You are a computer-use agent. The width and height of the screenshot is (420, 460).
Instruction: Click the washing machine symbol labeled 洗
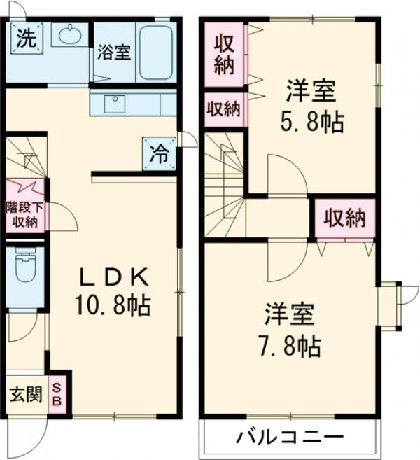(x=27, y=39)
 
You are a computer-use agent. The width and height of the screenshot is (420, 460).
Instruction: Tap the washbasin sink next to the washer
(x=70, y=35)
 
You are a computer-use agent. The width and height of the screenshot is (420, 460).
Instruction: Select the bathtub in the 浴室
(x=155, y=53)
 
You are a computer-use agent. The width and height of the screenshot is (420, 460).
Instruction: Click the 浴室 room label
(x=114, y=53)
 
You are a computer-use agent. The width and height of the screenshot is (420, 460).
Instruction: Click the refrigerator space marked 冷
(x=160, y=154)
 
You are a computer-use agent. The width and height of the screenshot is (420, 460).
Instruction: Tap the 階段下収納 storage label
(x=25, y=215)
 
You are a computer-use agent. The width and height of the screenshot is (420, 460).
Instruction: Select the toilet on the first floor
(x=25, y=265)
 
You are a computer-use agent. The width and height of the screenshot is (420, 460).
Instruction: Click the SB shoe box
(x=57, y=395)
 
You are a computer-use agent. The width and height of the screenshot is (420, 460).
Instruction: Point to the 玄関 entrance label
(x=26, y=395)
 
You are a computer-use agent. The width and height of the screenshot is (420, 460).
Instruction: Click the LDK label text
(x=114, y=277)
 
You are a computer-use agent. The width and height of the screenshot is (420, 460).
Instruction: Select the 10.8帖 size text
(x=113, y=305)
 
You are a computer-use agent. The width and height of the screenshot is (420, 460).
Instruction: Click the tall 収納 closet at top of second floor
(x=224, y=55)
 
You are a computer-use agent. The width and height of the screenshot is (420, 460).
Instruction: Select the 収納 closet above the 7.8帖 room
(x=345, y=218)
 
